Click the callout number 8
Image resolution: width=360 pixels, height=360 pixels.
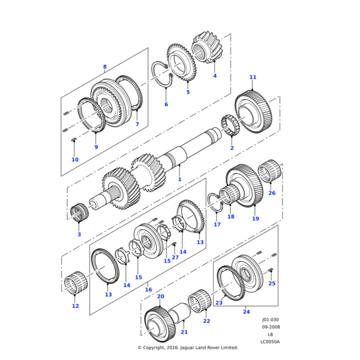(x=104, y=67)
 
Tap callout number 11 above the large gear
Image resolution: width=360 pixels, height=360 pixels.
(x=253, y=77)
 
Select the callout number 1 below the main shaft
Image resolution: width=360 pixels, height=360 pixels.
(x=179, y=179)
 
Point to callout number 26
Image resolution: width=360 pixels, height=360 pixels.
(x=272, y=193)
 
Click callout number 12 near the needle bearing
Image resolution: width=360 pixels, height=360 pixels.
(x=75, y=306)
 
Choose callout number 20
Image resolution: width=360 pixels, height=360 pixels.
(x=160, y=296)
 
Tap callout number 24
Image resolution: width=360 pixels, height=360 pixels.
(x=246, y=311)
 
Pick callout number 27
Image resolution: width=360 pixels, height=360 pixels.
(x=175, y=257)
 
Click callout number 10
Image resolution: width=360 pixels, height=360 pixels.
(x=75, y=160)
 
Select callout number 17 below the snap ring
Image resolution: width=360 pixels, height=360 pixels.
(x=217, y=225)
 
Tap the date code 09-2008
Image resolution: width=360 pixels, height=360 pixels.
(x=270, y=328)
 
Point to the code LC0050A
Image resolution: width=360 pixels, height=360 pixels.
(x=270, y=342)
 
